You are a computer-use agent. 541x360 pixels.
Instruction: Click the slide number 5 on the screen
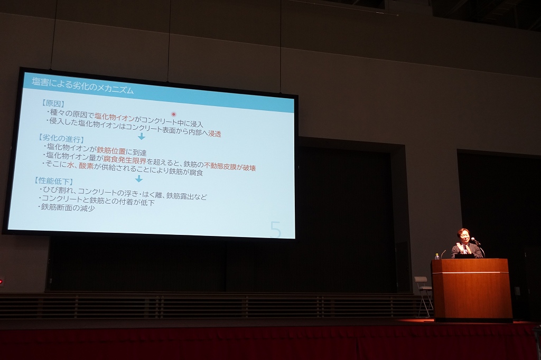coord(276,229)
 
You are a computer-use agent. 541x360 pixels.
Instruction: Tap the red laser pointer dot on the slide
coord(173,114)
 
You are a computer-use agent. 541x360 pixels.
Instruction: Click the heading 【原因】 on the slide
coord(53,103)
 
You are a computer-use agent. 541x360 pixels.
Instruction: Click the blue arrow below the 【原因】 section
coord(142,136)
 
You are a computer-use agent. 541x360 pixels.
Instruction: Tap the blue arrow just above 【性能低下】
coord(139,178)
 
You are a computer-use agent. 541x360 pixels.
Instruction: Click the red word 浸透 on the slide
coord(214,134)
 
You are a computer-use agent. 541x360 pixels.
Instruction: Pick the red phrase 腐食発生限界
coord(125,159)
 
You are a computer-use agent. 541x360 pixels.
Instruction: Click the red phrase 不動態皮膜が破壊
coord(230,167)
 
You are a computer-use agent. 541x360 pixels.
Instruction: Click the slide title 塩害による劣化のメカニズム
coord(83,87)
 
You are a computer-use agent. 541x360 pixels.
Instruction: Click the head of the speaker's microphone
coord(473,239)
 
